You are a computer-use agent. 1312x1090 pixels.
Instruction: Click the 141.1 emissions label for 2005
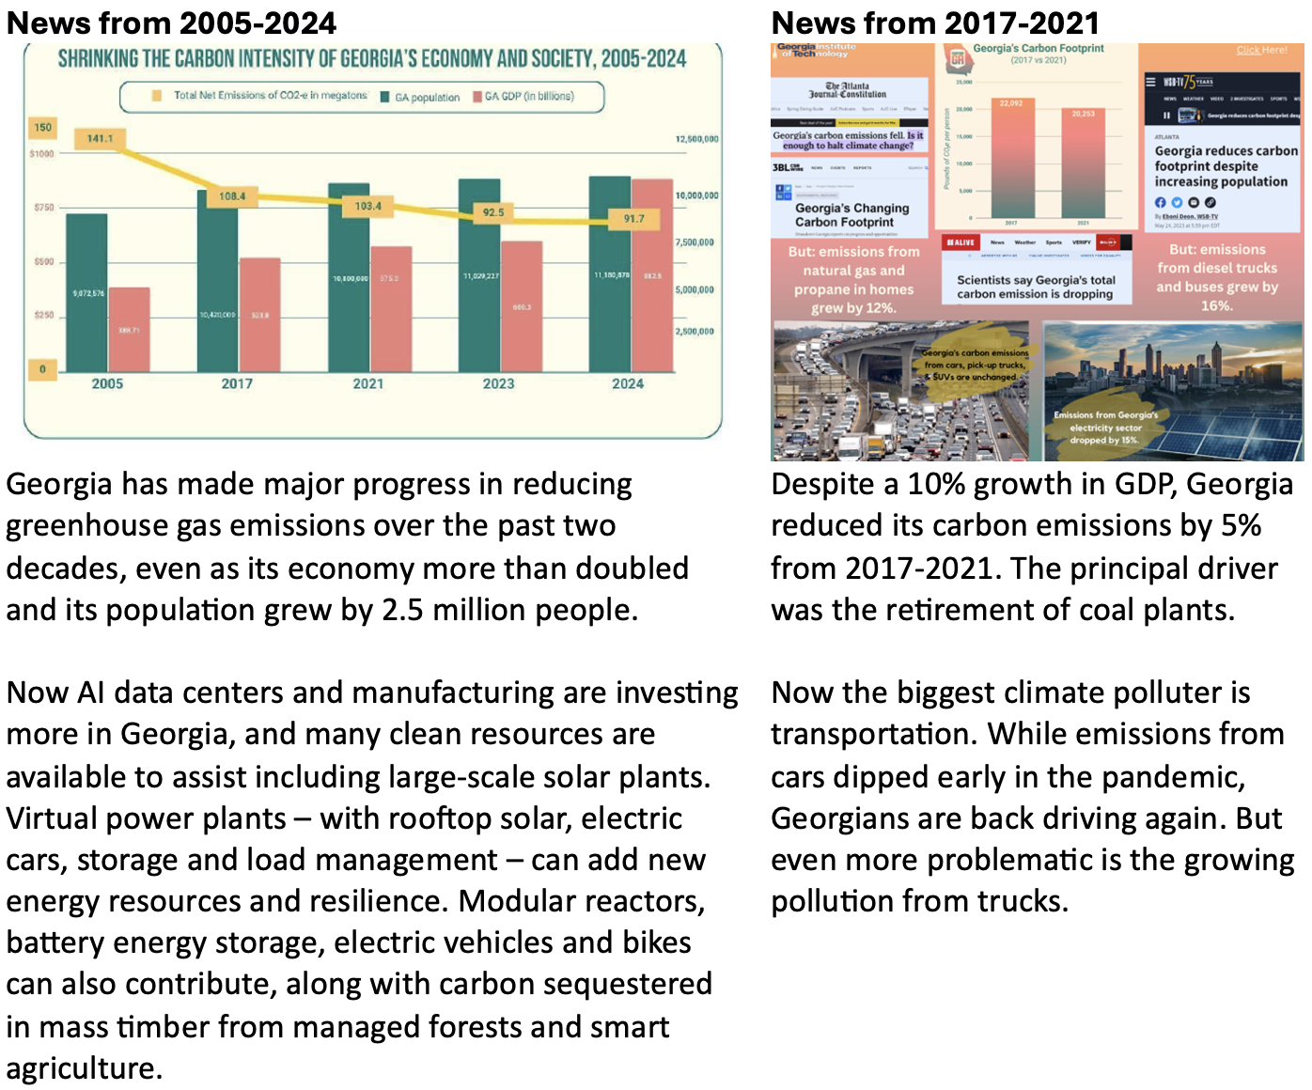tap(100, 138)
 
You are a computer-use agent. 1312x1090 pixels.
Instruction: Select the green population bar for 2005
tap(86, 291)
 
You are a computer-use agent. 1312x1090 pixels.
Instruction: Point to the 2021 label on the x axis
tap(368, 383)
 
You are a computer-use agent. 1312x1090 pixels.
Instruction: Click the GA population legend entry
tap(420, 97)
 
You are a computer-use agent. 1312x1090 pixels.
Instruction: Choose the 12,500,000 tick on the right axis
tap(696, 139)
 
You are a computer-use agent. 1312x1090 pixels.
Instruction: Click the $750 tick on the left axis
tap(43, 207)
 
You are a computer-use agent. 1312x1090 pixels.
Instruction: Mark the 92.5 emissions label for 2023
tap(493, 212)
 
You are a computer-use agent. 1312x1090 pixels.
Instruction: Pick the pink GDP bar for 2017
tap(260, 315)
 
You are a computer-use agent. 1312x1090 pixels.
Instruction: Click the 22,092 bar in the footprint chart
tap(1011, 160)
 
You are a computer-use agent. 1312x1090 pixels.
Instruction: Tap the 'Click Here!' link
tap(1261, 50)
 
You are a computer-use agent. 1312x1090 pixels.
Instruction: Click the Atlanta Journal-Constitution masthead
tap(848, 90)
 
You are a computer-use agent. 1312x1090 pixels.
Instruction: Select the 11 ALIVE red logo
tap(960, 242)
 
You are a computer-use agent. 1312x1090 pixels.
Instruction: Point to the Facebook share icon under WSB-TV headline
tap(1160, 202)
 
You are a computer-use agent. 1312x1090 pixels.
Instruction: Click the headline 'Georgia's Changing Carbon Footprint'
tap(851, 215)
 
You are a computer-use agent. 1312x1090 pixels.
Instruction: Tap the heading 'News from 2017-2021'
tap(935, 23)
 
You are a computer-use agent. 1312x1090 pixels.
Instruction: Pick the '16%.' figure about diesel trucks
tap(1216, 305)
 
